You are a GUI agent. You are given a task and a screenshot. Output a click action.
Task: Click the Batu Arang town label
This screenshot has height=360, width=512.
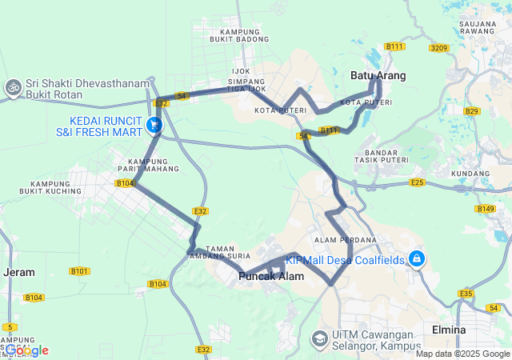[x=378, y=76]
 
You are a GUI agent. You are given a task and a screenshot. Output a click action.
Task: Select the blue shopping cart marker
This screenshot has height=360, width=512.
[x=154, y=125]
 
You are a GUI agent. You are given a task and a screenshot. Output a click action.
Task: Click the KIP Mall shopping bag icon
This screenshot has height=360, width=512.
[x=417, y=258]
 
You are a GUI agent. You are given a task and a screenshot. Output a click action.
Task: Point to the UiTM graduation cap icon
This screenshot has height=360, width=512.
[x=319, y=339]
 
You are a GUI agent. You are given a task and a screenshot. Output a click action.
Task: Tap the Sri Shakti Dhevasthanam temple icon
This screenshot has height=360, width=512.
[x=13, y=86]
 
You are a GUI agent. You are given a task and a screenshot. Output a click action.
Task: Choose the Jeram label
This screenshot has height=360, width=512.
[x=19, y=272]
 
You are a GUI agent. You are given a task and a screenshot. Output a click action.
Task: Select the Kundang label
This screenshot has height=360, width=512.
[x=470, y=173]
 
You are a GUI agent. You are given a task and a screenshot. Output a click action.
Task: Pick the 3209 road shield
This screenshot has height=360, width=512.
[x=438, y=48]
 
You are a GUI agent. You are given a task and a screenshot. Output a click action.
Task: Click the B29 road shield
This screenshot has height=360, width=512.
[x=471, y=111]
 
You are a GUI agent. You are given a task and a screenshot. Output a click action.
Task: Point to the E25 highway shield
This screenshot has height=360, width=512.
[x=417, y=183]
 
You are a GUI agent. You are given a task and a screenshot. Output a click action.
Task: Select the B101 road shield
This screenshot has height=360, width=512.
[x=79, y=271]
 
